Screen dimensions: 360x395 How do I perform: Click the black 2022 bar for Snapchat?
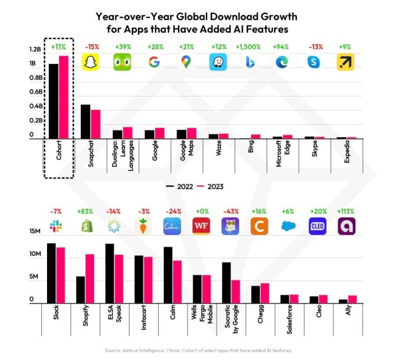pos(85,122)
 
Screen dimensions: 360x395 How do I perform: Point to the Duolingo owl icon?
pos(122,62)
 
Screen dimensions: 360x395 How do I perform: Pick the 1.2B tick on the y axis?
pos(35,49)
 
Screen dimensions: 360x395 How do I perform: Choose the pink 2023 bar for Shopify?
pos(90,279)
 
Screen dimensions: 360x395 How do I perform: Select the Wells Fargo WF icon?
pos(201,226)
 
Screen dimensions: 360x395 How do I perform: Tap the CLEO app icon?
pos(317,226)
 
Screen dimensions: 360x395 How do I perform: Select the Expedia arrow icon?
pos(346,62)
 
